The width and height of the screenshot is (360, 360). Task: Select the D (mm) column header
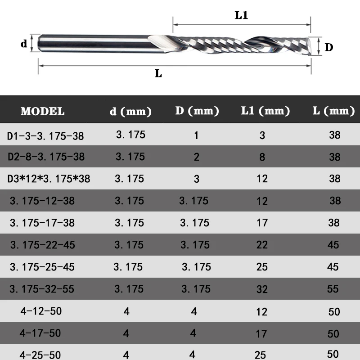197,111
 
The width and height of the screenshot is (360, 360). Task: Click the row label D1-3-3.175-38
45,135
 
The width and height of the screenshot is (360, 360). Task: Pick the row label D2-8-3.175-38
45,157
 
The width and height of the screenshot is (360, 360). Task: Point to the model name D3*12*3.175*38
49,179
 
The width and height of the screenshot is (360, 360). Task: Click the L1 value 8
262,157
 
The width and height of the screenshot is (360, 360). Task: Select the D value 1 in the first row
196,135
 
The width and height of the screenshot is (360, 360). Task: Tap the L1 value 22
262,245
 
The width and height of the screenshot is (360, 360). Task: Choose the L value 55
333,288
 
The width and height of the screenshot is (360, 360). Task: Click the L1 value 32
262,289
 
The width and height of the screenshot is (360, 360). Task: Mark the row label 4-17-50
40,333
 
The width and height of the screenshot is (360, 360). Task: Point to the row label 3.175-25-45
42,267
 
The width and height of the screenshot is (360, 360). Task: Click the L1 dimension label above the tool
241,15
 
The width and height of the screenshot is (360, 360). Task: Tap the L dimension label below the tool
158,73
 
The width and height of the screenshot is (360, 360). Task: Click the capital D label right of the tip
329,47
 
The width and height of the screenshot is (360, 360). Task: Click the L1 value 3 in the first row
262,135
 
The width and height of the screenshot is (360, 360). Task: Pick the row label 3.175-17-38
42,223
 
